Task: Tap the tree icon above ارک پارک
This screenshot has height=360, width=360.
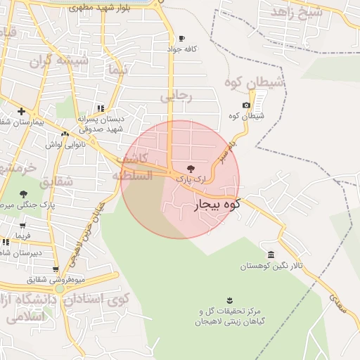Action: coord(191,168)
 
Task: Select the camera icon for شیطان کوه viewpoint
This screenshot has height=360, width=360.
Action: coord(246,105)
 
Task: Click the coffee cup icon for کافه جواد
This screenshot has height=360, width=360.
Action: coord(182,38)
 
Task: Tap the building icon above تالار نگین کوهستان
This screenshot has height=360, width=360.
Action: coord(271,254)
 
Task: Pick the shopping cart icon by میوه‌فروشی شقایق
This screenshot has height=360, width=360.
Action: coord(56,269)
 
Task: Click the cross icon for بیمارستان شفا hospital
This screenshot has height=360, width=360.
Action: coord(22,111)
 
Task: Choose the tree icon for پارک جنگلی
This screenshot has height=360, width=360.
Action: coord(24,193)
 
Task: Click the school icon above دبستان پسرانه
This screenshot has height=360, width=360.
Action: coord(101,108)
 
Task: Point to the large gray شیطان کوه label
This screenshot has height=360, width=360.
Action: coord(254,82)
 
